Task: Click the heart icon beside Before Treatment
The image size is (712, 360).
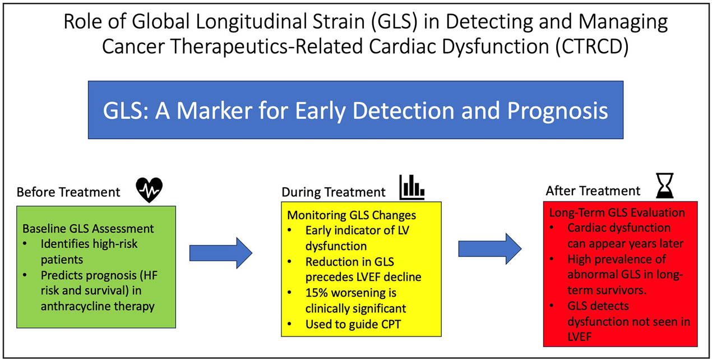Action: click(150, 190)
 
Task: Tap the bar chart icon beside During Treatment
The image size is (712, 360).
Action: click(412, 187)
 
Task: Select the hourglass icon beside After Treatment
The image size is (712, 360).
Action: click(664, 186)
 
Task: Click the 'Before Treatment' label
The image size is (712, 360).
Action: click(68, 192)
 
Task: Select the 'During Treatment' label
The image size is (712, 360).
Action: click(334, 192)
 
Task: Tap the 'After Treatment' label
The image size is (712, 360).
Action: click(593, 191)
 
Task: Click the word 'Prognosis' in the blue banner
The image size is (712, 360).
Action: click(558, 110)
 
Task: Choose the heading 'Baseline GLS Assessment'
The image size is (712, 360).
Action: click(88, 229)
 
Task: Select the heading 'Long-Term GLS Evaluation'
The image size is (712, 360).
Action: click(617, 213)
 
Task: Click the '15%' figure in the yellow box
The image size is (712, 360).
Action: click(317, 293)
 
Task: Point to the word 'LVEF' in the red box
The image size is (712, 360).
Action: click(580, 336)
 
